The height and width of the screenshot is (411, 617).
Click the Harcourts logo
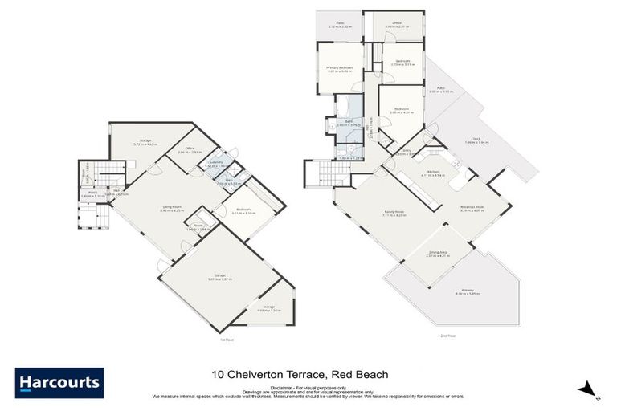[59, 382]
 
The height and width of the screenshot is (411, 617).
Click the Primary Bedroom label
[340, 68]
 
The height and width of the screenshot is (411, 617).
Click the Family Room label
[394, 213]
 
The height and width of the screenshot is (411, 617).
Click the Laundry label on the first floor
[216, 162]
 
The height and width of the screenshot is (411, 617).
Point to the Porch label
[93, 192]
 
